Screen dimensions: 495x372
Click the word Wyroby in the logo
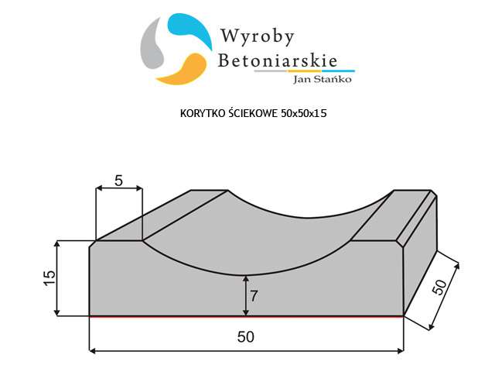[258, 36]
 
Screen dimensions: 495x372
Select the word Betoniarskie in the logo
[278, 60]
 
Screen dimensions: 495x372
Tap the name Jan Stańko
[323, 79]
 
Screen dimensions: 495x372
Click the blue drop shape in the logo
[189, 29]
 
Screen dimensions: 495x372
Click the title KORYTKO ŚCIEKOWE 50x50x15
[253, 113]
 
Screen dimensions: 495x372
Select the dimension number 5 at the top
[118, 181]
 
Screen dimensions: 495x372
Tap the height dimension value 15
[49, 278]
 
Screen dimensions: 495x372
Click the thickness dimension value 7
[254, 296]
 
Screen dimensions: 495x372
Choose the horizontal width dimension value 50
[246, 336]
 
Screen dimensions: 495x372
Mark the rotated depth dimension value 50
[440, 287]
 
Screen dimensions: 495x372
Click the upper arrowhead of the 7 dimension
[246, 279]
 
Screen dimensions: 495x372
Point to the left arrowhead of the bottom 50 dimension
[93, 350]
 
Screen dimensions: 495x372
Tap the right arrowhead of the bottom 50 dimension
[401, 350]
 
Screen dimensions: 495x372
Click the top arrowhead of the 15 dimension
[56, 244]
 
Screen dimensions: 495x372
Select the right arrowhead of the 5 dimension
[138, 188]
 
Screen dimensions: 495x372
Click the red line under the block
[247, 316]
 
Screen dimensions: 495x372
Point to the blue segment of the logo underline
[338, 71]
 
